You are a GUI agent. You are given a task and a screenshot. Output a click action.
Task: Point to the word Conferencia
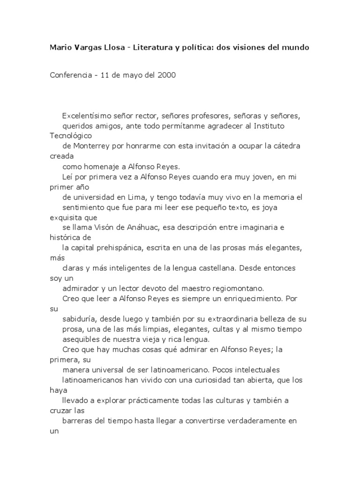click(x=72, y=75)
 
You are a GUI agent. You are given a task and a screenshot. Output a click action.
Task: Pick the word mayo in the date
click(x=134, y=75)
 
